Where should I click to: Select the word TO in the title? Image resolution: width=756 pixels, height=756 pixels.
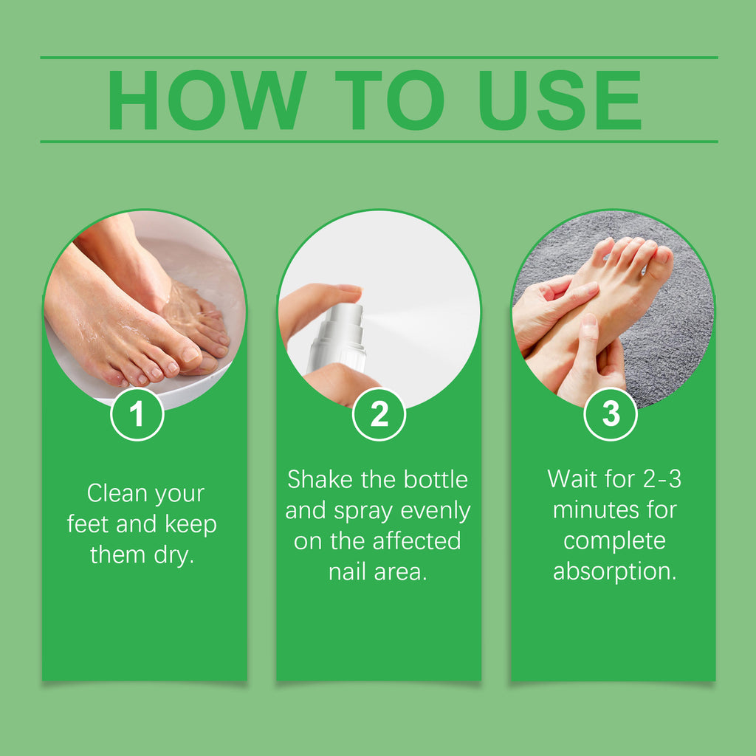390,100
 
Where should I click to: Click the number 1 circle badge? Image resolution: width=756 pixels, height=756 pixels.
137,413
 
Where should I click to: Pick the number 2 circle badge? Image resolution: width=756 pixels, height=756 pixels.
379,413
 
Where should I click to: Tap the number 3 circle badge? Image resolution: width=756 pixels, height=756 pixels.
611,413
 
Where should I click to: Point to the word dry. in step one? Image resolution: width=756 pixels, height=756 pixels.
174,555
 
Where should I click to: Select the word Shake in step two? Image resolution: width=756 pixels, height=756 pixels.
320,479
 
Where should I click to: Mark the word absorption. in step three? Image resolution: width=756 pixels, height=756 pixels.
615,572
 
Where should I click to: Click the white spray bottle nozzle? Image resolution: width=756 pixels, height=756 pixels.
345,316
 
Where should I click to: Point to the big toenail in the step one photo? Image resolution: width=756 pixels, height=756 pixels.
190,355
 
